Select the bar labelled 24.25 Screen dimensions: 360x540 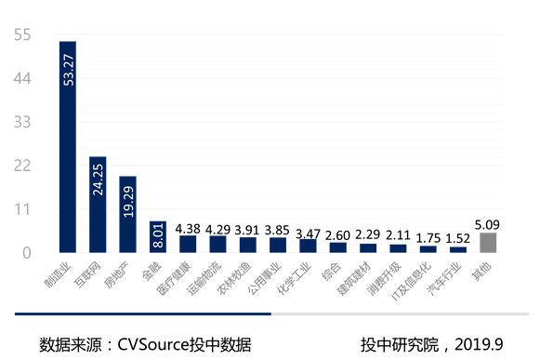point(98,205)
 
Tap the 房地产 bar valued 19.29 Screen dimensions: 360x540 point(127,214)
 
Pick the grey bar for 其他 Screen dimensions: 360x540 point(488,243)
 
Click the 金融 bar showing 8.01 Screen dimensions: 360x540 point(158,237)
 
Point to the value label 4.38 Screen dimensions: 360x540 point(187,227)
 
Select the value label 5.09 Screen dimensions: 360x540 point(488,223)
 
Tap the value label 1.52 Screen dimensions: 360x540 point(458,238)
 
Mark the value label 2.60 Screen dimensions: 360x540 point(337,234)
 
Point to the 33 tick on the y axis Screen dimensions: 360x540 point(23,123)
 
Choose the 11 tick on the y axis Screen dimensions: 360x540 point(23,209)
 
